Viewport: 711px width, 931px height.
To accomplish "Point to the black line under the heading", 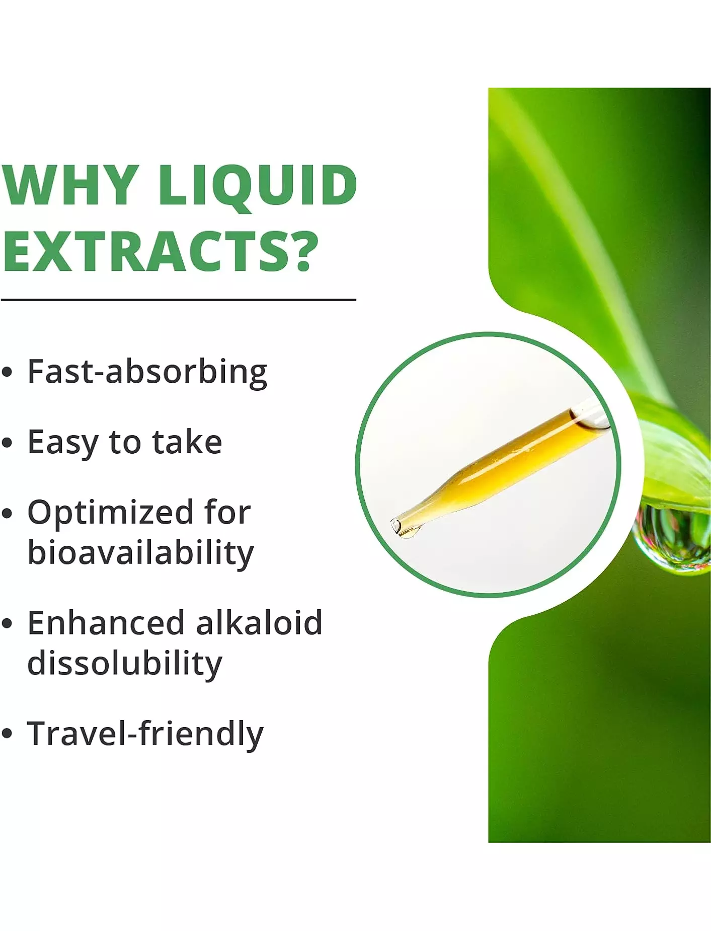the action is pyautogui.click(x=179, y=300).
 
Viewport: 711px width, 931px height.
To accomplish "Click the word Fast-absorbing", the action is pyautogui.click(x=147, y=373).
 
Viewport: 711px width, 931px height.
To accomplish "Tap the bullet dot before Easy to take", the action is pyautogui.click(x=7, y=443).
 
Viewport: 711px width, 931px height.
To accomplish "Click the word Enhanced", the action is pyautogui.click(x=106, y=622).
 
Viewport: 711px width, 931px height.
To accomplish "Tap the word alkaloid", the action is pyautogui.click(x=259, y=622).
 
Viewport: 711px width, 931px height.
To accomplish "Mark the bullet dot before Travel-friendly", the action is pyautogui.click(x=7, y=734).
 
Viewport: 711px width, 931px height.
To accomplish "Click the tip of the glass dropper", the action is pyautogui.click(x=396, y=526).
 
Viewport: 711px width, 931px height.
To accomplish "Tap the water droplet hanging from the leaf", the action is pyautogui.click(x=672, y=539).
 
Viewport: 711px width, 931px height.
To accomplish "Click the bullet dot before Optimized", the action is pyautogui.click(x=7, y=514).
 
